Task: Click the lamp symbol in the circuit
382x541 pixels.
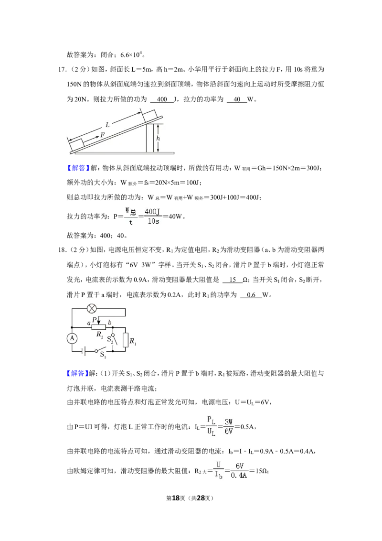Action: (91, 308)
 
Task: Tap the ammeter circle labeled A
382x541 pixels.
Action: (72, 338)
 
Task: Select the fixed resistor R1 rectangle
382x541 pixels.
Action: (126, 340)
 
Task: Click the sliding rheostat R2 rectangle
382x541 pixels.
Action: (98, 327)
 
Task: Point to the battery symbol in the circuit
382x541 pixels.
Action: (84, 351)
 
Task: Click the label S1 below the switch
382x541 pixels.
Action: (103, 355)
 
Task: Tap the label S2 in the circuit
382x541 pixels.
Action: (110, 339)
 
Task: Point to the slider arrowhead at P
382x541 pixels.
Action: (98, 322)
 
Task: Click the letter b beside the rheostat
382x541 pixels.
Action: (110, 323)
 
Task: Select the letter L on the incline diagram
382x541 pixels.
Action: (107, 125)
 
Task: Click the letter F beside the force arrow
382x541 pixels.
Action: (102, 135)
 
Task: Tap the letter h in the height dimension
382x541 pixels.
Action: (158, 138)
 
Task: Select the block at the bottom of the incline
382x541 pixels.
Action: (76, 145)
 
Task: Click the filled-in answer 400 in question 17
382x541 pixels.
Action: (162, 99)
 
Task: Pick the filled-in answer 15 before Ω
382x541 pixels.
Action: (233, 280)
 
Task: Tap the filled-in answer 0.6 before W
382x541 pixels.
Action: (251, 295)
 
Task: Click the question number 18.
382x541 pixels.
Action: (63, 250)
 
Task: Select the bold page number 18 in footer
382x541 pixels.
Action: (176, 498)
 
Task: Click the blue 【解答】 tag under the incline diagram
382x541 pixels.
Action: (76, 168)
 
